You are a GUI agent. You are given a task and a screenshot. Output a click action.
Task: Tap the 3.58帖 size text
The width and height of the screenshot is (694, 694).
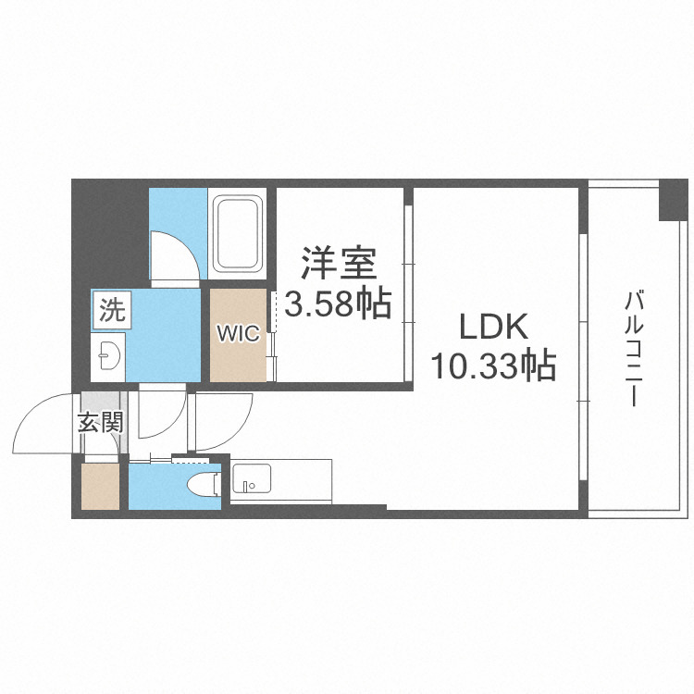coord(338,303)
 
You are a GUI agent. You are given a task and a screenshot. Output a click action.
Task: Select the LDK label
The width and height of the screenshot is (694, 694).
coord(492,327)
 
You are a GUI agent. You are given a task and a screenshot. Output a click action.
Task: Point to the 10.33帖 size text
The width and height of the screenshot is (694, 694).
coord(492,366)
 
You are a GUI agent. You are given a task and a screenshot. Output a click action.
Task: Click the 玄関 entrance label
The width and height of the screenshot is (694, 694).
coord(99,424)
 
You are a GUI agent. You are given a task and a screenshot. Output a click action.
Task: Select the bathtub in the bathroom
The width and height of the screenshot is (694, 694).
coord(239,232)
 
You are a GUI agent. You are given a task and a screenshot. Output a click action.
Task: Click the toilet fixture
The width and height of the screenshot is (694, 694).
coord(204,483)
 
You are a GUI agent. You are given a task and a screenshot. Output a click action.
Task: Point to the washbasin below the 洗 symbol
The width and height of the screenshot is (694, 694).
coord(108,353)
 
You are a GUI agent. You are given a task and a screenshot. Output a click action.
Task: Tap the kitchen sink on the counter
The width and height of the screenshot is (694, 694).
coord(248,480)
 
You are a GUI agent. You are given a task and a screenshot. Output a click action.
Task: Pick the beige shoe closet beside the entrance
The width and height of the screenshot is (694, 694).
coord(99,487)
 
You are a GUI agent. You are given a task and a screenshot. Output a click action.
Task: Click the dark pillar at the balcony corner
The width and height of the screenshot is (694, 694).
coord(672,201)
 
